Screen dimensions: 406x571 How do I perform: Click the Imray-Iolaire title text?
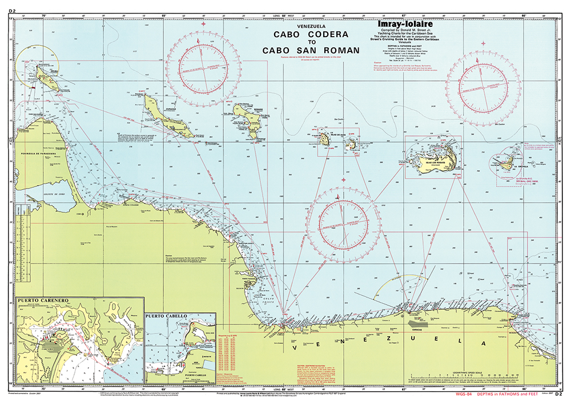click(x=405, y=25)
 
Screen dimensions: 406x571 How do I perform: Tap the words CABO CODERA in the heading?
click(x=311, y=34)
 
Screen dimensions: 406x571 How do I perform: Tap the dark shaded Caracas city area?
click(x=419, y=323)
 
